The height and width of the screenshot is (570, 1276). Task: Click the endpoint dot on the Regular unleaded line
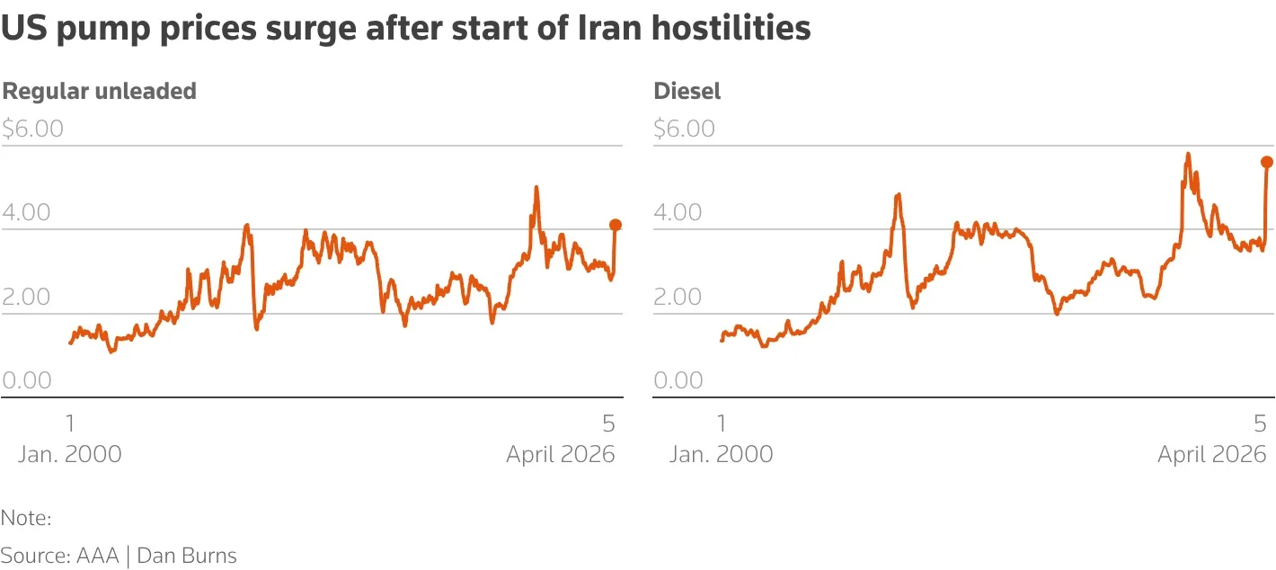[x=616, y=225]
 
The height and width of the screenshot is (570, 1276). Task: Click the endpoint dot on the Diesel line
[x=1267, y=162]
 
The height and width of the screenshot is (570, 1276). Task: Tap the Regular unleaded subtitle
[x=99, y=91]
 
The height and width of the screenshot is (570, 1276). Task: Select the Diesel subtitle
[x=687, y=91]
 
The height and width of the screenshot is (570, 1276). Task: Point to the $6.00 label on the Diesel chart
[x=685, y=129]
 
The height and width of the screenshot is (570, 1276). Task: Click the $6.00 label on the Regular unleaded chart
[x=33, y=129]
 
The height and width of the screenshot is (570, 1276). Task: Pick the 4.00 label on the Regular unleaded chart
[x=27, y=212]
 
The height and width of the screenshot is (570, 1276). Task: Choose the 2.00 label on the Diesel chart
[x=678, y=297]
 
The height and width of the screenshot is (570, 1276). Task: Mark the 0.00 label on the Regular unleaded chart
[x=27, y=380]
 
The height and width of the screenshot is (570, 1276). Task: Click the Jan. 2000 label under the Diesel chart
[x=721, y=454]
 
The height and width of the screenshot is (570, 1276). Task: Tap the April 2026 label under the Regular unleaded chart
[x=561, y=454]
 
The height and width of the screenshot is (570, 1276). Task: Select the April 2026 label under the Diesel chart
[x=1212, y=454]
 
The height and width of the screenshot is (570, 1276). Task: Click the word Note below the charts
[x=25, y=518]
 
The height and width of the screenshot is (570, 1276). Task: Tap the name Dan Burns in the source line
[x=187, y=556]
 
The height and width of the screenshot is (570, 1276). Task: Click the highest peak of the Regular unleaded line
[x=536, y=188]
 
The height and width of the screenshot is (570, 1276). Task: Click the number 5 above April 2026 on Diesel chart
[x=1260, y=423]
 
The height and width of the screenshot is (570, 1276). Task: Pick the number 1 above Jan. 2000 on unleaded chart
[x=70, y=423]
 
